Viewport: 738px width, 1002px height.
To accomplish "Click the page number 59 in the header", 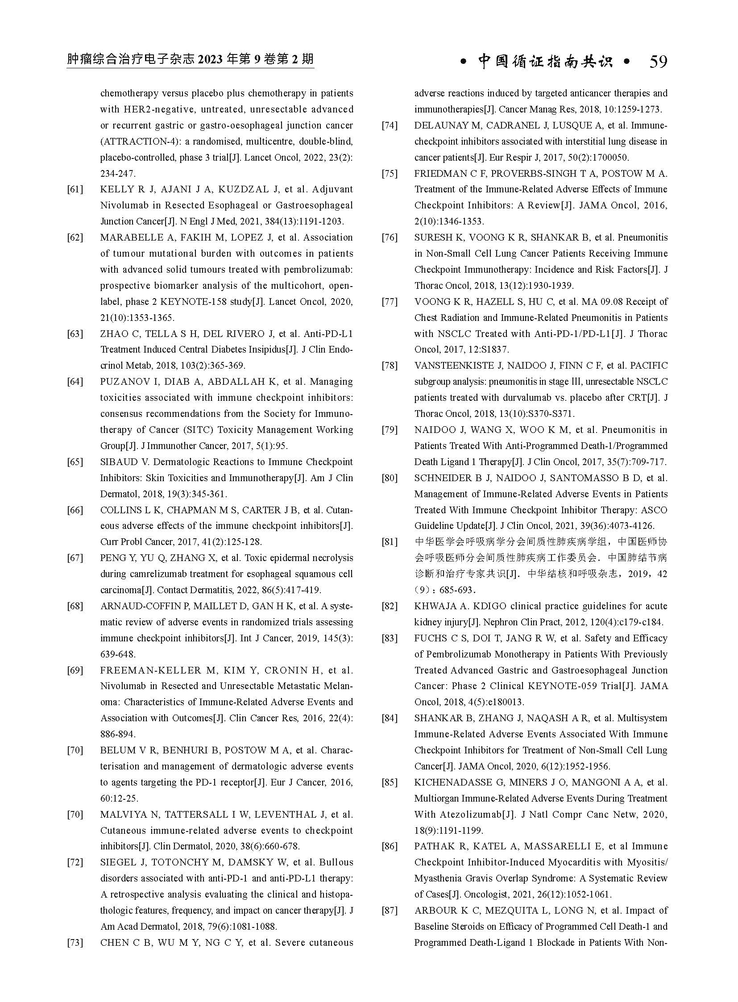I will (658, 62).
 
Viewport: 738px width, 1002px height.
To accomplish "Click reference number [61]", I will (75, 190).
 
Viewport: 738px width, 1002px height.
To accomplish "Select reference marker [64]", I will (75, 382).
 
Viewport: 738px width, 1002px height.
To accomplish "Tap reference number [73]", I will (75, 943).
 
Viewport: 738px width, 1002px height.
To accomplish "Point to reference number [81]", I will (390, 542).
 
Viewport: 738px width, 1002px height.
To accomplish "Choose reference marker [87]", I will (390, 911).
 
